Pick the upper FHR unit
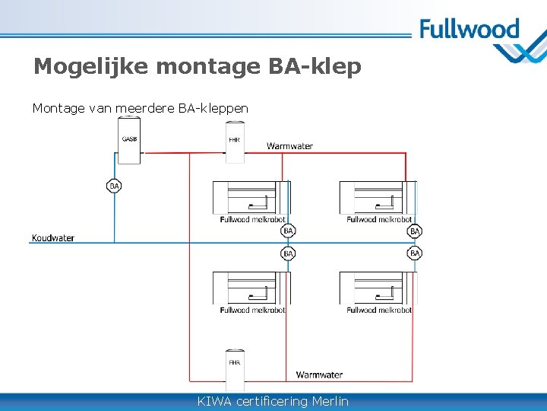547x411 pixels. pyautogui.click(x=235, y=143)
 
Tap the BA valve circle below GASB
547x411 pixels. pyautogui.click(x=114, y=186)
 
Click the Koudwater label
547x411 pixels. pyautogui.click(x=53, y=238)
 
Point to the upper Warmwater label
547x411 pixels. pyautogui.click(x=289, y=146)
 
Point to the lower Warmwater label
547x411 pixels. pyautogui.click(x=319, y=374)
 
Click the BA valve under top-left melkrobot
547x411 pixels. pyautogui.click(x=288, y=231)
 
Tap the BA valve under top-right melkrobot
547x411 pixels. pyautogui.click(x=415, y=231)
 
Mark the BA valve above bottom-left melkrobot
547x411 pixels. pyautogui.click(x=288, y=253)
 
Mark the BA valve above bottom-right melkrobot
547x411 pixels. pyautogui.click(x=415, y=253)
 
